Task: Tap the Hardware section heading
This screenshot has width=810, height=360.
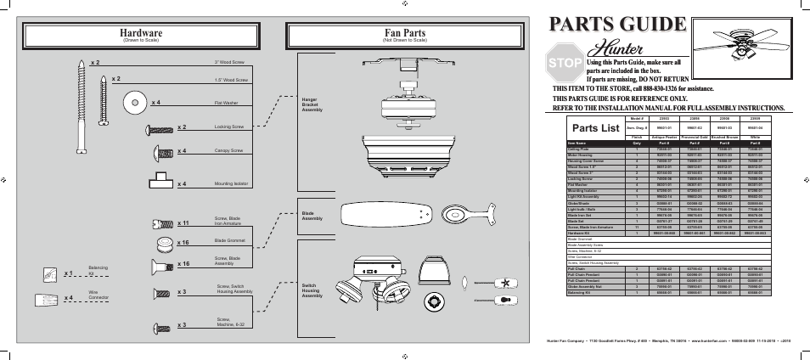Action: click(141, 33)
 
